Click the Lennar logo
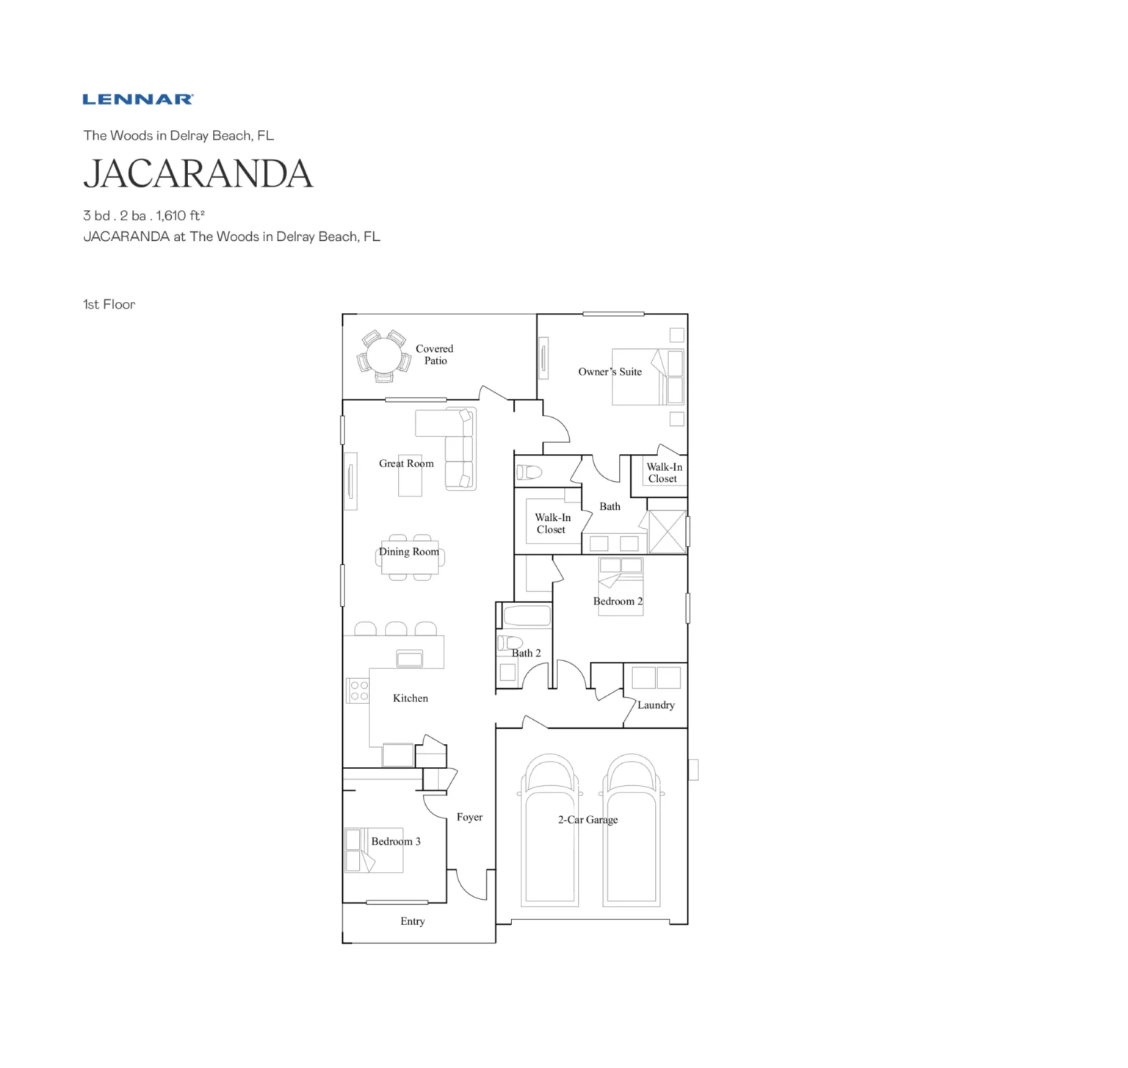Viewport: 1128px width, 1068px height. pos(138,99)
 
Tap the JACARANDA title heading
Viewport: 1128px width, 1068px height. pos(198,174)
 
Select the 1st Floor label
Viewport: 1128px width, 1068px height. pos(109,304)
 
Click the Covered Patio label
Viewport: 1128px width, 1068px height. pos(435,355)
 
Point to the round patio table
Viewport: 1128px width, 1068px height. pos(383,356)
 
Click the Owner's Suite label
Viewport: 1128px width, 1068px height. pos(610,372)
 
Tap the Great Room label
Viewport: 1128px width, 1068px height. pos(406,463)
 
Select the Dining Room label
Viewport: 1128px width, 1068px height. pos(409,552)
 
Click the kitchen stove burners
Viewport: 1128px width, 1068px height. pos(358,690)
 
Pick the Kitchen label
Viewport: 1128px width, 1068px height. pos(411,699)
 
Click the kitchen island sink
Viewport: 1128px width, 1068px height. pos(410,659)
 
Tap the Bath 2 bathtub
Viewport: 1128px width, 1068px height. pos(527,616)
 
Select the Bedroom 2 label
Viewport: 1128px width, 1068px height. pos(618,602)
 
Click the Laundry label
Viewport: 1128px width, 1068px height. pos(656,705)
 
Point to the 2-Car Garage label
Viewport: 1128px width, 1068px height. pos(587,820)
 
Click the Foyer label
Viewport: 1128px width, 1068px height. pos(469,818)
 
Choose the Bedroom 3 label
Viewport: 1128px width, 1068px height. pos(396,842)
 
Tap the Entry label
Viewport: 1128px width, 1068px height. pos(413,921)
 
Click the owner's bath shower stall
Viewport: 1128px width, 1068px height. pos(668,532)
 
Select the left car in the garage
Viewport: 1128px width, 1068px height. pos(549,830)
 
